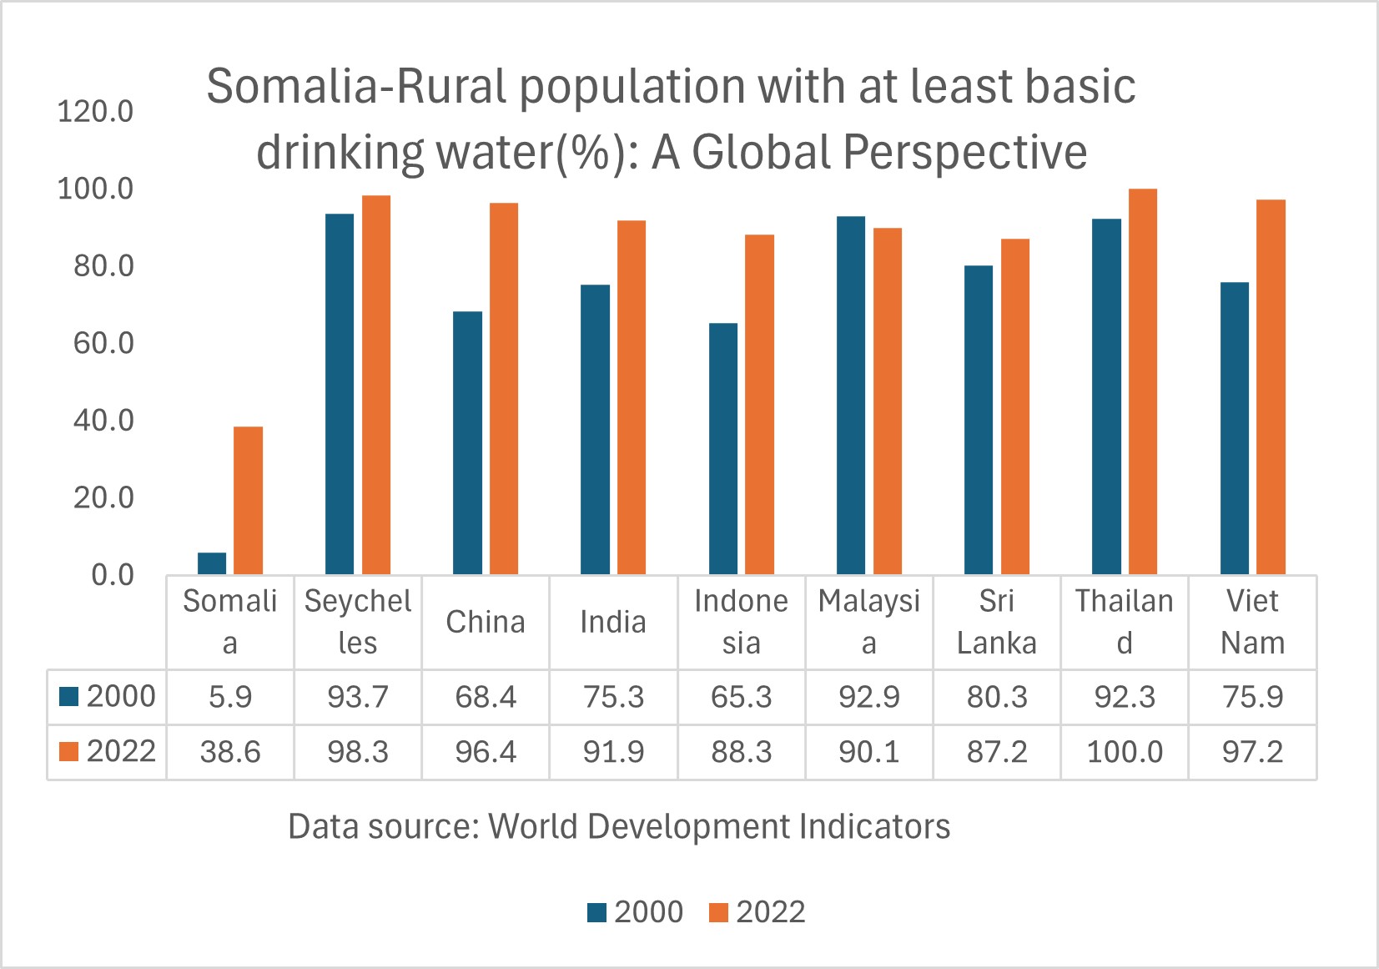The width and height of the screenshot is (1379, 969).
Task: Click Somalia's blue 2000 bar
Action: point(212,563)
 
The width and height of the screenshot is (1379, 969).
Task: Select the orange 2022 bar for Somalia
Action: point(248,500)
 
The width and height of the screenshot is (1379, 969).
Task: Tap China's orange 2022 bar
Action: point(504,388)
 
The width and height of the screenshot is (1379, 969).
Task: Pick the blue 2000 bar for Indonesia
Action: point(723,448)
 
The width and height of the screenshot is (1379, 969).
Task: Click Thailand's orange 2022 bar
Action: point(1143,381)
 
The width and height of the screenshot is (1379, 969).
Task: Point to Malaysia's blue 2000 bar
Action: point(851,395)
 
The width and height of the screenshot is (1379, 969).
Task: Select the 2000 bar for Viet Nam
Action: point(1234,427)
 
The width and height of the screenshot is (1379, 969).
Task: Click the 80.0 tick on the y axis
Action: point(95,267)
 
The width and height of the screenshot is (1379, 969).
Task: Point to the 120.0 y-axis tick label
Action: point(95,112)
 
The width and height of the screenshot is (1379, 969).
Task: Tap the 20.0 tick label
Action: point(95,498)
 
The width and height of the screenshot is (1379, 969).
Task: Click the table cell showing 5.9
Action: point(230,696)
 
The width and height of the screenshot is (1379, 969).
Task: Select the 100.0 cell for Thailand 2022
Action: point(1125,752)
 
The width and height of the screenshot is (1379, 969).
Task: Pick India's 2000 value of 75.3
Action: point(613,696)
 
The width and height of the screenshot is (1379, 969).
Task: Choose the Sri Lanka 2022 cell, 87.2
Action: point(997,752)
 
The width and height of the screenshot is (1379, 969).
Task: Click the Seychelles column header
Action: point(358,622)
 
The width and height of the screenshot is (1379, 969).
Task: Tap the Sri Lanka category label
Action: point(997,622)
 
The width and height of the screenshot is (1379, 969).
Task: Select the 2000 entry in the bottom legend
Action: point(636,912)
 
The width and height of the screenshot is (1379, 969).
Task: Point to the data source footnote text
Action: point(619,826)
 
